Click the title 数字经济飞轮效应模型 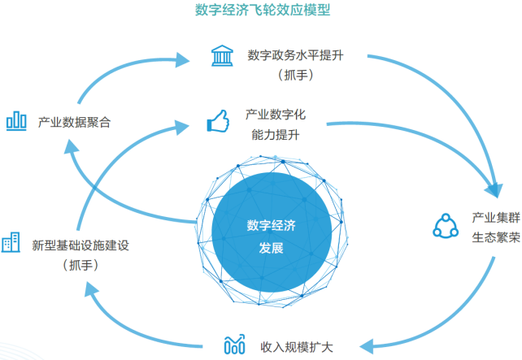(x=261, y=11)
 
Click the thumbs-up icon (x=218, y=122)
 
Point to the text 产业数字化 (x=276, y=114)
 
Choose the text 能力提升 (x=276, y=134)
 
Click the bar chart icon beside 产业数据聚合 (x=17, y=121)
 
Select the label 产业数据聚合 (x=74, y=122)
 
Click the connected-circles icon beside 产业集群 (x=446, y=227)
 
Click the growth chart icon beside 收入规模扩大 (x=234, y=345)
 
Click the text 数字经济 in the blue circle (x=271, y=227)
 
